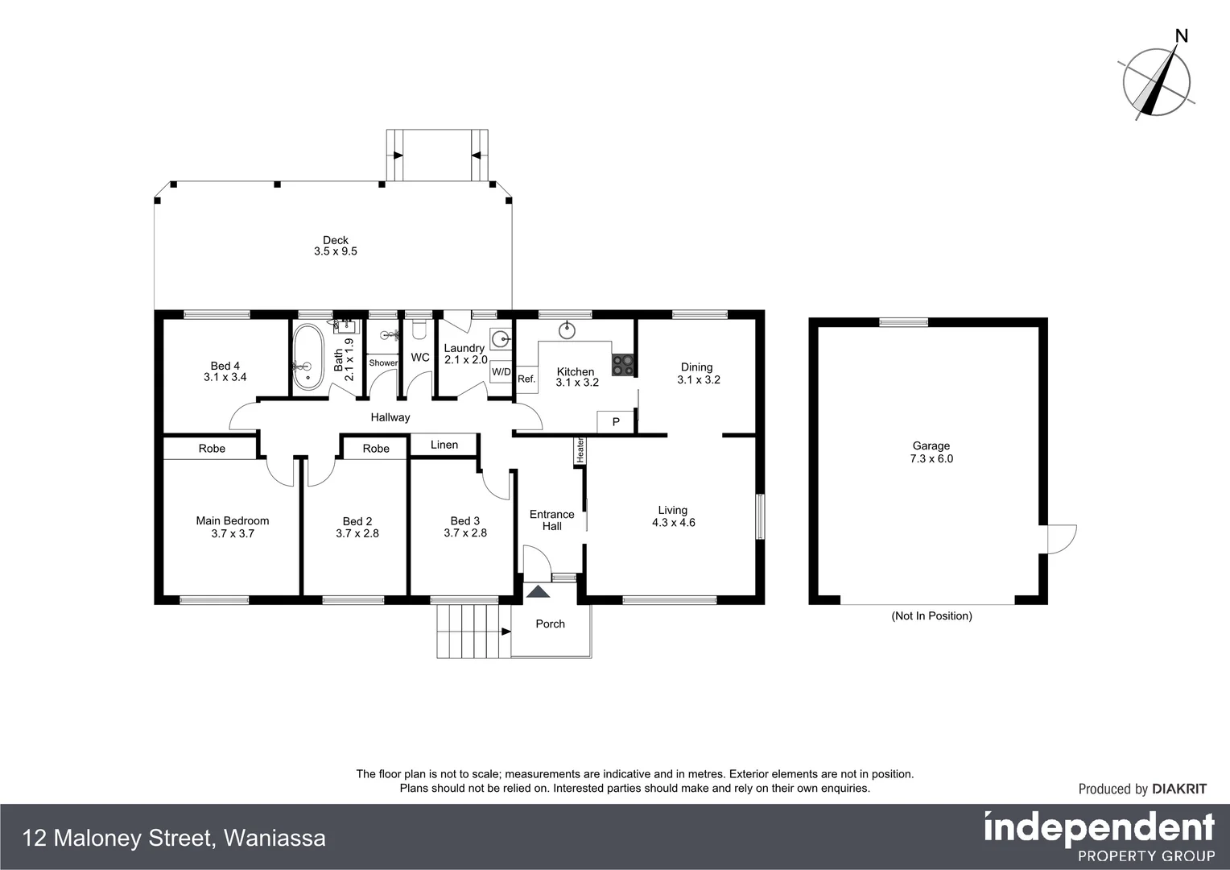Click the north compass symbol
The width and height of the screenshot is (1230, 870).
(1158, 79)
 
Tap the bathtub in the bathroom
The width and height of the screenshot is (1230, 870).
(307, 357)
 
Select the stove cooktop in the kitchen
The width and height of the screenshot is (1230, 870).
(622, 365)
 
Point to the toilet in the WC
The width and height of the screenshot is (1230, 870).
(418, 330)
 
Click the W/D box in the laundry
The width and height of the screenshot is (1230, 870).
(501, 371)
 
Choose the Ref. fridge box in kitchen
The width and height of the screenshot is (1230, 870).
(526, 379)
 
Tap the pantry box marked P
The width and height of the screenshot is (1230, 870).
(616, 421)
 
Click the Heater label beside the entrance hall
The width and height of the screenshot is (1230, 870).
(579, 450)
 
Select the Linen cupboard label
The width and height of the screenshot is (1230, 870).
(444, 445)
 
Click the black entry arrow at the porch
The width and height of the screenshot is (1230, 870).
(538, 592)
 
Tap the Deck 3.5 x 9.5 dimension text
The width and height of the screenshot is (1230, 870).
(335, 251)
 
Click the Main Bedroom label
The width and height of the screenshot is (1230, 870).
(233, 520)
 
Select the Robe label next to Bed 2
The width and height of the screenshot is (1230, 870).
(375, 449)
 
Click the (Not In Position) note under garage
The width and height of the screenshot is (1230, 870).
(931, 616)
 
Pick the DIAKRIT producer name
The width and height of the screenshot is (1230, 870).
(1179, 789)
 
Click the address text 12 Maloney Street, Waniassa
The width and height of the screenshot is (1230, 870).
(175, 839)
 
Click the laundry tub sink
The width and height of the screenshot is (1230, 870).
(500, 338)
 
